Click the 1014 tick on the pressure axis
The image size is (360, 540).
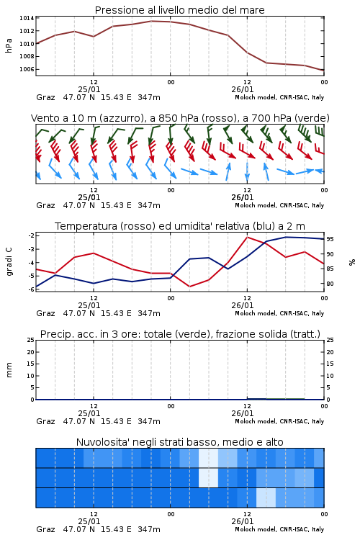27,18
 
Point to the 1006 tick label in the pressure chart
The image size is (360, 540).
27,69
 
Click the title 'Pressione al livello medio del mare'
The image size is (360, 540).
180,10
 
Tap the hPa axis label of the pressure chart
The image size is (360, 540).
9,45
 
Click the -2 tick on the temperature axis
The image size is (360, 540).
31,235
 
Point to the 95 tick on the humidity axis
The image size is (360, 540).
330,239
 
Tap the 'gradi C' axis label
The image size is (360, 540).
9,262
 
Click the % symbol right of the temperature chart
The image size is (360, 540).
352,262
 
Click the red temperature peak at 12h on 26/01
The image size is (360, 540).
247,237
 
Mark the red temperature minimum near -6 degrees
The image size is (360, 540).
189,287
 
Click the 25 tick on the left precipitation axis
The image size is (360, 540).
31,341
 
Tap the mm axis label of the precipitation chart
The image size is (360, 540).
9,370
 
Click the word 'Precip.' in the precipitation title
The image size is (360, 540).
53,334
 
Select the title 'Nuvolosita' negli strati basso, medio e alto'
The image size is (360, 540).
180,442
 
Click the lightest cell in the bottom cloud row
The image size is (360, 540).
266,498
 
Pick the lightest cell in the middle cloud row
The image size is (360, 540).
208,477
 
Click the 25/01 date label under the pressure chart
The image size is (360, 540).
89,89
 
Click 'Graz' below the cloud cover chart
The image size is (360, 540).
46,529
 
